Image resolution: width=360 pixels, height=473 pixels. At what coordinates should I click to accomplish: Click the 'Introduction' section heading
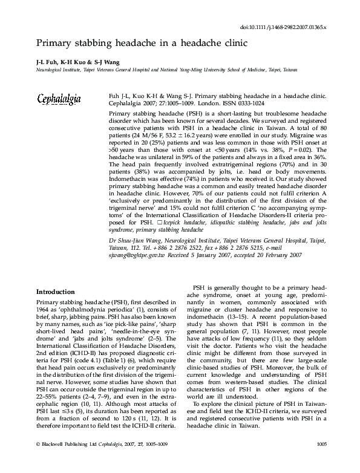[56, 292]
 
